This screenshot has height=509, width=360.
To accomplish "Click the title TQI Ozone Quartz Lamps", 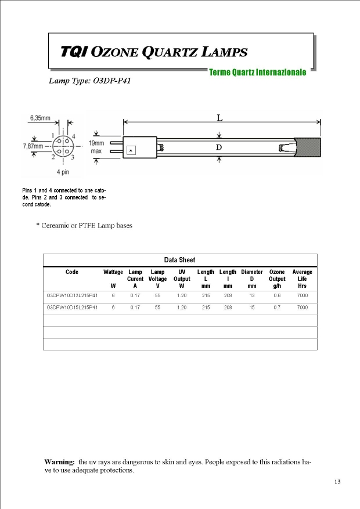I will click(154, 52).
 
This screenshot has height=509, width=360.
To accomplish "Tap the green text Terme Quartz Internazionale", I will click(257, 73).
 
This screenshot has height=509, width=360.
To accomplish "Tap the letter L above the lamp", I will click(219, 118).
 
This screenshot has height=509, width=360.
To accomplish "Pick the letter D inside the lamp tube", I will click(219, 147).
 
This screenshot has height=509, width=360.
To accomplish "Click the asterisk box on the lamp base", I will click(131, 151).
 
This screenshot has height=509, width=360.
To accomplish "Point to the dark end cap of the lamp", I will click(308, 147).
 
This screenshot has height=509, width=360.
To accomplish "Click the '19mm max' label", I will click(96, 147).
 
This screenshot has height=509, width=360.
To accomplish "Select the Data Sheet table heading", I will click(179, 260).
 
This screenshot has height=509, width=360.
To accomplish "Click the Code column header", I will click(72, 272).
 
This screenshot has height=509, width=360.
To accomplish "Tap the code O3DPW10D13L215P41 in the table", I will click(72, 295).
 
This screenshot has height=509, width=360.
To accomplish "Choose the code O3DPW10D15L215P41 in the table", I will click(72, 307).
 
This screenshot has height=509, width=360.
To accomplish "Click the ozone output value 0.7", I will click(277, 307).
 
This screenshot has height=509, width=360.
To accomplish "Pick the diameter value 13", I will click(251, 295).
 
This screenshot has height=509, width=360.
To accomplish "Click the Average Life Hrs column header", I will click(302, 279).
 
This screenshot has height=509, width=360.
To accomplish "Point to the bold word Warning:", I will click(59, 462).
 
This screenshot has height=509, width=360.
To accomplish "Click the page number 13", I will click(337, 482).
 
